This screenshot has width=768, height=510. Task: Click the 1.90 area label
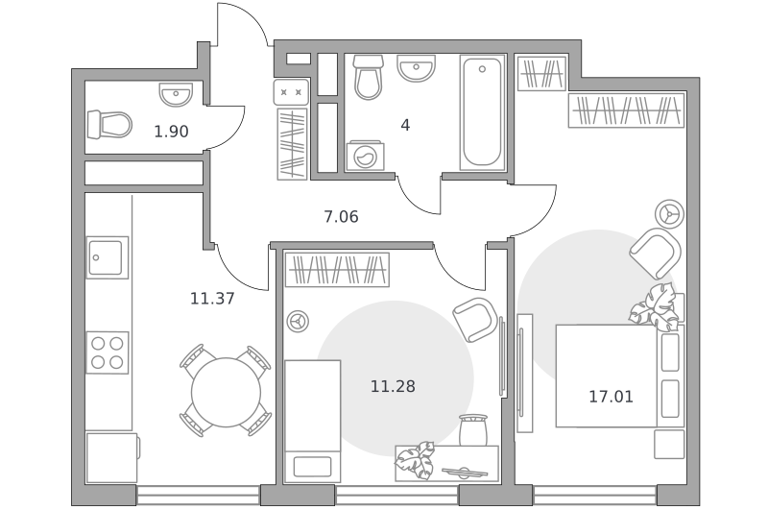[171, 132]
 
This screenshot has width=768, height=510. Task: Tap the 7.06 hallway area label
[341, 216]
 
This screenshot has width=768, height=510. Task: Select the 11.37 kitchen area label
[212, 298]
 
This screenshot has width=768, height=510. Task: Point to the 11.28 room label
[393, 386]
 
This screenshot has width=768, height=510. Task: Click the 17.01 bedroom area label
[611, 397]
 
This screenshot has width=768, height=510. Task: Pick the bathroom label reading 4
[405, 126]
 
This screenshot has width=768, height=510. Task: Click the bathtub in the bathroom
[483, 112]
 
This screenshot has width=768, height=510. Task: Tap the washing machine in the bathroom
[365, 157]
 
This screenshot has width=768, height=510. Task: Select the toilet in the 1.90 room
[109, 125]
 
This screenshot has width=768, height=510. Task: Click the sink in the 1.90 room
[176, 94]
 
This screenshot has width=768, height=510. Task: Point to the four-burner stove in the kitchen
[108, 352]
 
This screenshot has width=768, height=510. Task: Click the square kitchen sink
[108, 257]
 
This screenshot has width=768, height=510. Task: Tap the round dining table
[227, 392]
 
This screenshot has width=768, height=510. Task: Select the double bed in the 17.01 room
[619, 376]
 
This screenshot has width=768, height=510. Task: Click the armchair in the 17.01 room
[656, 253]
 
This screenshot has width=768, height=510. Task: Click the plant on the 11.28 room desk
[415, 460]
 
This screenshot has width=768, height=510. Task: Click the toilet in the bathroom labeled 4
[368, 77]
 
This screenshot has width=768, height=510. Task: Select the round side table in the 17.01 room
[669, 214]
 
